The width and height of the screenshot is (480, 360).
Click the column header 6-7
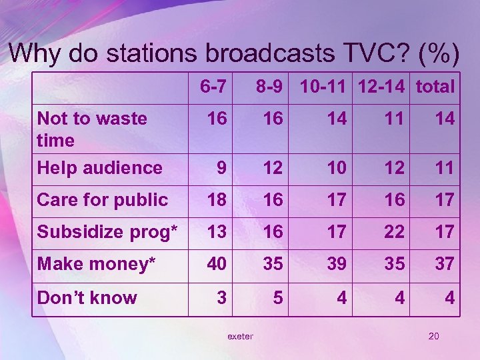coord(213,87)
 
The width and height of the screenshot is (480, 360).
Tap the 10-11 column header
coord(325,87)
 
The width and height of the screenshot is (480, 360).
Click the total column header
coord(435,87)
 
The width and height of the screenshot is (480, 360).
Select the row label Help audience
coord(100,167)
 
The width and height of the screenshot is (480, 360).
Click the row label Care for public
coord(103,199)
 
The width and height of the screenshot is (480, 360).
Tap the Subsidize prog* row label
coord(107,232)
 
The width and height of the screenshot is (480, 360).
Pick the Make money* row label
coord(97,264)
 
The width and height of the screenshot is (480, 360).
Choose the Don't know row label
coord(87,297)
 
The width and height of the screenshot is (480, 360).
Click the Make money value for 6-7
coord(216,264)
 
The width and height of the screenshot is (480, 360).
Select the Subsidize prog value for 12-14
coord(395,232)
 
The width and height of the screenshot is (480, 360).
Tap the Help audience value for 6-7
coord(221,168)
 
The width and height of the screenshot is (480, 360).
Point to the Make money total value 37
coord(445,264)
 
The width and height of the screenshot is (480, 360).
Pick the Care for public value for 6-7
coord(216,200)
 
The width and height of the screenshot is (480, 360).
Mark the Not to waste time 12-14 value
coord(395,119)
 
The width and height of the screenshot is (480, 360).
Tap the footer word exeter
coord(240,337)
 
